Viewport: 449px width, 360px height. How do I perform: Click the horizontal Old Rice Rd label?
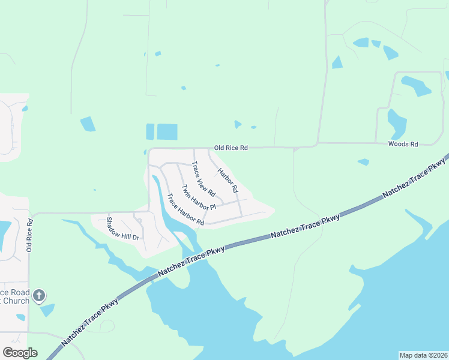coord(231,148)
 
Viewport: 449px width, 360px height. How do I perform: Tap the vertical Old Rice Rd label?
coord(29,235)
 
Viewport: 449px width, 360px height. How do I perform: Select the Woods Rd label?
coord(403,144)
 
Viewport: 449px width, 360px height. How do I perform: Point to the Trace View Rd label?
coord(203,179)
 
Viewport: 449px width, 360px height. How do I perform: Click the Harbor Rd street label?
coord(228,179)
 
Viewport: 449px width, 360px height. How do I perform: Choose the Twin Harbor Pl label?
coord(199,197)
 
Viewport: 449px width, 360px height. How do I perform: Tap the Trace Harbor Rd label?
coord(186,209)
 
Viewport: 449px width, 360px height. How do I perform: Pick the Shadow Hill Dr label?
coord(123,228)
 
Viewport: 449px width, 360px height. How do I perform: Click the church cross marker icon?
coord(39,295)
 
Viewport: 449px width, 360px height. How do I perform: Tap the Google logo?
coord(20,353)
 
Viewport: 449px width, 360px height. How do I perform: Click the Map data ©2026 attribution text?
coord(423,355)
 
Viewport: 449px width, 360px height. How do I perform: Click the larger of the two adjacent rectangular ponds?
coord(167,132)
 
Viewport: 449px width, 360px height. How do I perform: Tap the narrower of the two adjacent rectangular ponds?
coord(150,132)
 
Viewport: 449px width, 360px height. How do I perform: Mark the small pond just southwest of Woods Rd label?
coord(363,162)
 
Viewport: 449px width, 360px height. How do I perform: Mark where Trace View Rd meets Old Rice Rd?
coord(194,148)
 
